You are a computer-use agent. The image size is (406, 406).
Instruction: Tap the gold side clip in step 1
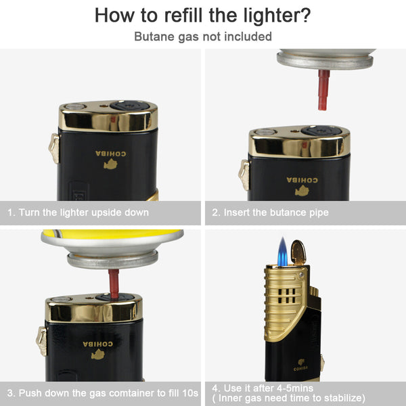pyautogui.click(x=53, y=148)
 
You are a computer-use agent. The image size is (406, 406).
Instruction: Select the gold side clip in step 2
pyautogui.click(x=244, y=174)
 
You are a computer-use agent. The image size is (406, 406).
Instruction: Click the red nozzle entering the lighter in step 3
pyautogui.click(x=114, y=284)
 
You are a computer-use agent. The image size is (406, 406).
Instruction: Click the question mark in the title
pyautogui.click(x=305, y=14)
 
